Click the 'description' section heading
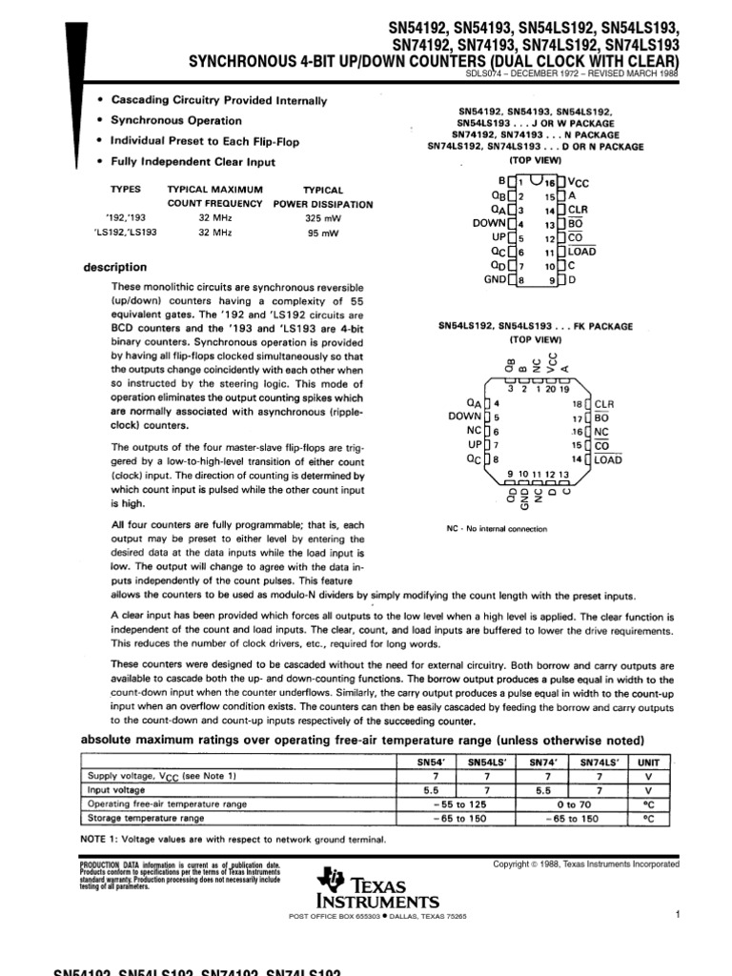tap(115, 268)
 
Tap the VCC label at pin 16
tap(580, 180)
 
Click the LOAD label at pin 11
tap(581, 252)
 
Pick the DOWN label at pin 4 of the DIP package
tap(487, 223)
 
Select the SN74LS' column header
tap(599, 762)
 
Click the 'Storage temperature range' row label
tap(146, 818)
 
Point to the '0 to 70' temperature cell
tap(571, 804)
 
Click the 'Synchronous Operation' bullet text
tap(176, 121)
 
